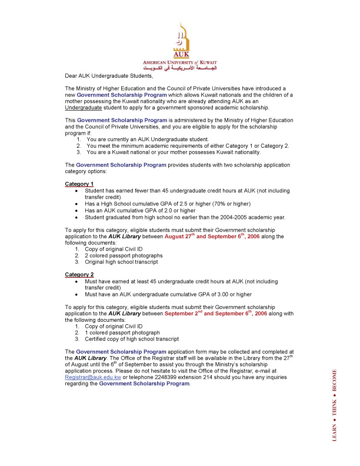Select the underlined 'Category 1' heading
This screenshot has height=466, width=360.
point(79,184)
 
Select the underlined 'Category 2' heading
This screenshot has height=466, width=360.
point(79,275)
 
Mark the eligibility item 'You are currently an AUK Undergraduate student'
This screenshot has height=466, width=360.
point(147,139)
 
